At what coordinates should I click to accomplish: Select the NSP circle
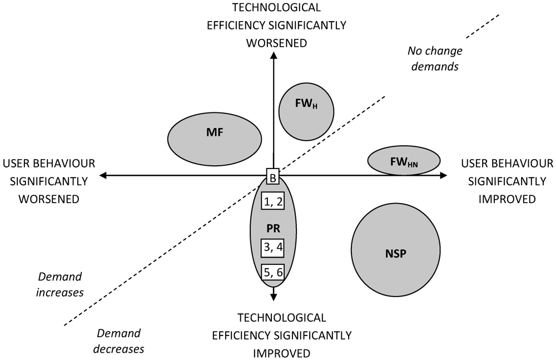click(x=396, y=253)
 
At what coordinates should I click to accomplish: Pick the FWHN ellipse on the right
click(x=404, y=160)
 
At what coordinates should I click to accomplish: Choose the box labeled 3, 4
click(x=272, y=246)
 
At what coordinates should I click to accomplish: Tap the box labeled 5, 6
click(x=272, y=272)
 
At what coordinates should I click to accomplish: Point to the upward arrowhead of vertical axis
click(x=273, y=56)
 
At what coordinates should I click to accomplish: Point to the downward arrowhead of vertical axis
click(x=273, y=297)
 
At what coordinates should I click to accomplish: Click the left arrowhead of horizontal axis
click(x=103, y=175)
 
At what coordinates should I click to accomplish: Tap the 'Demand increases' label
click(x=60, y=284)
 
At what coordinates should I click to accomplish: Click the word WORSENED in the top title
click(x=276, y=43)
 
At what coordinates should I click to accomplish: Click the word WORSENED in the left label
click(x=48, y=199)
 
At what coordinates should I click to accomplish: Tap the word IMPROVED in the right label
click(x=507, y=199)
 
